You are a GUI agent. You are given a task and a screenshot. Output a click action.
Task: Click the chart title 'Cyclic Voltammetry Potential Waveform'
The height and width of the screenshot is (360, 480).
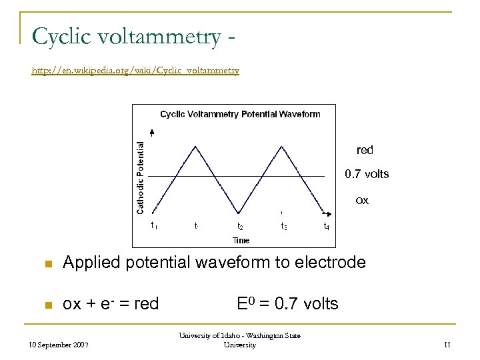click(240, 114)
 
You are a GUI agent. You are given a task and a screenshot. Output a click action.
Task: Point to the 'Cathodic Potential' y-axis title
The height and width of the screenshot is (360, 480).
click(141, 177)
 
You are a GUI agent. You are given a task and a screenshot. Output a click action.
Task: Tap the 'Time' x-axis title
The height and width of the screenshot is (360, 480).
click(241, 239)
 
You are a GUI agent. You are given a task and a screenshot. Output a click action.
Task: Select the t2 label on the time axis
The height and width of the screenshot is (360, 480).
click(240, 227)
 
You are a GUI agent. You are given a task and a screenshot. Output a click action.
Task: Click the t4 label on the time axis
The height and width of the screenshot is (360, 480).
click(326, 227)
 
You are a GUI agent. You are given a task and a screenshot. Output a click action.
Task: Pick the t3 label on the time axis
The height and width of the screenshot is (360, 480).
click(283, 227)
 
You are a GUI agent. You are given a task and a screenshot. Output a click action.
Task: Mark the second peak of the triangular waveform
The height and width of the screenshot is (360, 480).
click(283, 146)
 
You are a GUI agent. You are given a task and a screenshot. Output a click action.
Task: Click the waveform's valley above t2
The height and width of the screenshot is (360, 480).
click(240, 212)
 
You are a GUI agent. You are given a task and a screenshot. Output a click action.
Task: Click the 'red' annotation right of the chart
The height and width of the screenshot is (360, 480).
click(365, 151)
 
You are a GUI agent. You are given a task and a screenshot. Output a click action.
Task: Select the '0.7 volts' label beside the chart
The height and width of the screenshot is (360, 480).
click(366, 175)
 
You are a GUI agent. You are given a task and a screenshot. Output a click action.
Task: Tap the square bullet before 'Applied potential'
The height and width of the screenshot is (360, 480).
click(47, 263)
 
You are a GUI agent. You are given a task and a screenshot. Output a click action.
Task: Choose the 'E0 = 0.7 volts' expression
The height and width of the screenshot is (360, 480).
click(287, 304)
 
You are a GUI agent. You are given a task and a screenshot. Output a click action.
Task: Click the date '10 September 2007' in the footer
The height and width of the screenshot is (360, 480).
click(59, 345)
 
